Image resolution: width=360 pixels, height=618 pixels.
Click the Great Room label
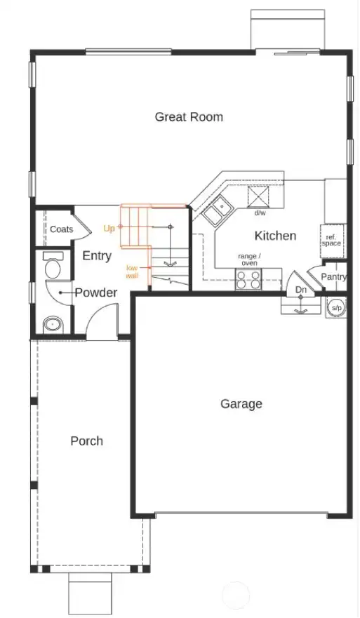point(189,116)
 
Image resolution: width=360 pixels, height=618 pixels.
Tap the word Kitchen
point(275,236)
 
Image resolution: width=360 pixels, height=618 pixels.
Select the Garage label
point(241,403)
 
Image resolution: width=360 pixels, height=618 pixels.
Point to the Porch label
point(86,441)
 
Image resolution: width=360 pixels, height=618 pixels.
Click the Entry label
point(96,256)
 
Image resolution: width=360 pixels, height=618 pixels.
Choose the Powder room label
point(95,293)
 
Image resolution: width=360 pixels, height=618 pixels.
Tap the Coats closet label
point(61,229)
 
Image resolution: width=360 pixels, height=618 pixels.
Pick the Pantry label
point(333,277)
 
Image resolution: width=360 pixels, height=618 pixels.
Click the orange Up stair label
point(109,228)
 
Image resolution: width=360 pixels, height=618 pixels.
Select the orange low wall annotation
point(132,271)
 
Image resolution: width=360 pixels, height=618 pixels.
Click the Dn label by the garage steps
point(300,290)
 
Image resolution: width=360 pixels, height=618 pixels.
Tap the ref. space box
point(332,240)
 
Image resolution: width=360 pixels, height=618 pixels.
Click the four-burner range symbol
point(248,279)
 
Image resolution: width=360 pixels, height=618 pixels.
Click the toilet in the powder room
point(53,266)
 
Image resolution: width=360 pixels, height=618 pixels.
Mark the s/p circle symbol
point(336,307)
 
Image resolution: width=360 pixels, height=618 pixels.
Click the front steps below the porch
point(91,593)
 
